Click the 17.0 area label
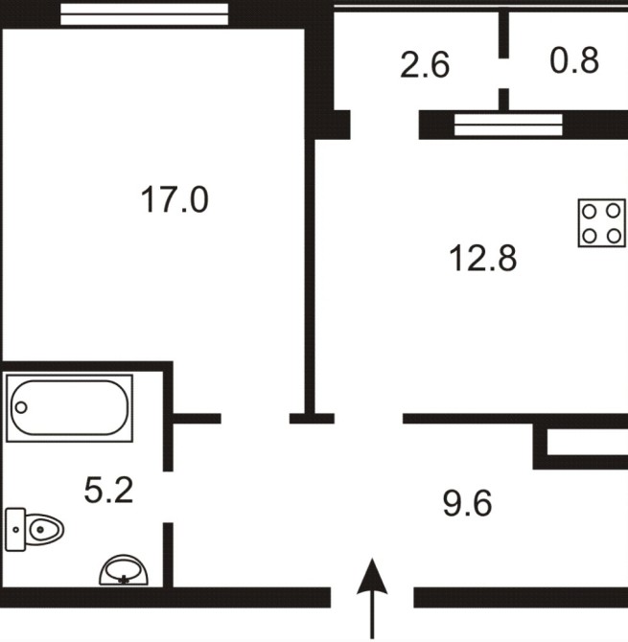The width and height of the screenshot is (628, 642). (x=174, y=199)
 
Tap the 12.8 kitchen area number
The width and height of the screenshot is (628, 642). (x=483, y=258)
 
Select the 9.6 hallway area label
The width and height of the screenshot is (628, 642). (x=468, y=503)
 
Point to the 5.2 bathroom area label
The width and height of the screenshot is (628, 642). (x=108, y=490)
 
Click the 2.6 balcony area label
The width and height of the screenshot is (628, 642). (x=425, y=65)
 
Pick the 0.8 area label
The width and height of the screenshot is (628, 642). (x=574, y=60)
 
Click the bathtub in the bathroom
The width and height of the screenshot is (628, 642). (x=70, y=408)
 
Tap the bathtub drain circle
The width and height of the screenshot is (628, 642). (x=21, y=407)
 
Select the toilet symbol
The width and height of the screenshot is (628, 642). (x=35, y=529)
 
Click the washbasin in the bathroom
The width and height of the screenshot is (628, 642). (x=124, y=569)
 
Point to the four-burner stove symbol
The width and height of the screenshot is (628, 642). (x=602, y=223)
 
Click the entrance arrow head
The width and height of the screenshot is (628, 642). (x=372, y=576)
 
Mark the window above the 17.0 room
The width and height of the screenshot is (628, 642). (x=144, y=14)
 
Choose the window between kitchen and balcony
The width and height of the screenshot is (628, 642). (x=508, y=125)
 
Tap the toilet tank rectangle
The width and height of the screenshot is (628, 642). (x=15, y=529)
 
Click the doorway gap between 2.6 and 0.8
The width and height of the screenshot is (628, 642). (x=504, y=73)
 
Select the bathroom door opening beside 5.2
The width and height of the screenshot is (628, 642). (x=168, y=496)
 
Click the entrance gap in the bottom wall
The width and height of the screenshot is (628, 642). (x=372, y=597)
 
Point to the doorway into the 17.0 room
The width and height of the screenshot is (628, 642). (x=255, y=419)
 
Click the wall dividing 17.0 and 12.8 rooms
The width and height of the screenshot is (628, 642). (x=311, y=276)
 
